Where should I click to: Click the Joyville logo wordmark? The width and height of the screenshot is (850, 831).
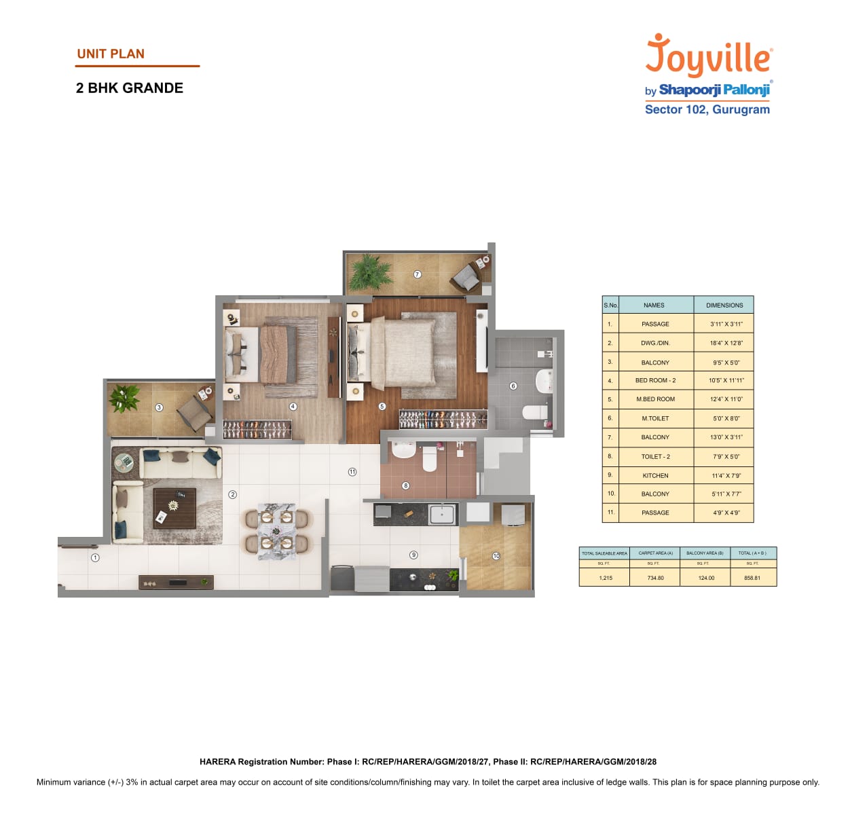pyautogui.click(x=708, y=56)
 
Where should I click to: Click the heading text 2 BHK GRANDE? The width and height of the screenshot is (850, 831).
pyautogui.click(x=130, y=88)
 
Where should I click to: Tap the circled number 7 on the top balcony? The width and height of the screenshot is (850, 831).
pyautogui.click(x=418, y=274)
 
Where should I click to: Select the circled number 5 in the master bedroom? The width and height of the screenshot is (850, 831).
pyautogui.click(x=382, y=406)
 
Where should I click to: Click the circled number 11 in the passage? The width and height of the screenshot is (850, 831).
pyautogui.click(x=352, y=472)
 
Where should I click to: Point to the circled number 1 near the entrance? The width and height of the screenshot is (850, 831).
pyautogui.click(x=95, y=557)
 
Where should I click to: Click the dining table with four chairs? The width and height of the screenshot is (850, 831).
pyautogui.click(x=276, y=531)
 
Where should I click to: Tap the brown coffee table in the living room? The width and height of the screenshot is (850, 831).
pyautogui.click(x=174, y=508)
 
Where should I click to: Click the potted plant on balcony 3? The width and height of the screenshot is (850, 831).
pyautogui.click(x=125, y=398)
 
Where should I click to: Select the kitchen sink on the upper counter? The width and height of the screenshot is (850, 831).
pyautogui.click(x=441, y=515)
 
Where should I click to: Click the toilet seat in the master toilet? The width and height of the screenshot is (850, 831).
pyautogui.click(x=534, y=412)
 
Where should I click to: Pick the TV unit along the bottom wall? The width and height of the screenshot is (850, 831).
pyautogui.click(x=176, y=582)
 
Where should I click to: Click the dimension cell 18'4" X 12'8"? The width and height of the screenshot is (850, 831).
pyautogui.click(x=726, y=343)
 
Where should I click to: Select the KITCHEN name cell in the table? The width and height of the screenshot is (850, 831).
pyautogui.click(x=655, y=475)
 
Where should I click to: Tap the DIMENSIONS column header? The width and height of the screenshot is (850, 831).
pyautogui.click(x=724, y=306)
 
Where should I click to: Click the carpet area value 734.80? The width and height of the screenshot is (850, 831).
pyautogui.click(x=655, y=578)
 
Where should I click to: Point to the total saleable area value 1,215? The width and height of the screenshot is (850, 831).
pyautogui.click(x=605, y=578)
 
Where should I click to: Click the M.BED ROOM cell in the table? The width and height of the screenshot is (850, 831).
pyautogui.click(x=655, y=399)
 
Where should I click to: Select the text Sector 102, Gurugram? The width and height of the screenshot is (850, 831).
pyautogui.click(x=707, y=110)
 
